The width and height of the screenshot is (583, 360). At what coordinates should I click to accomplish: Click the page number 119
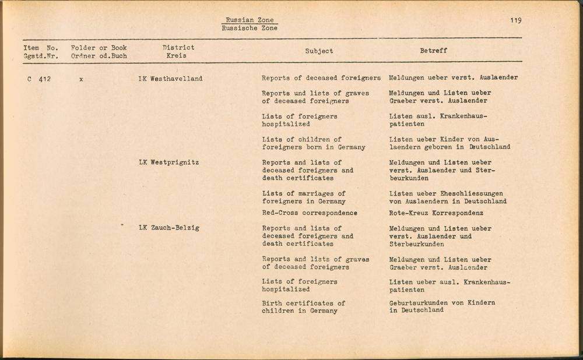tap(515, 20)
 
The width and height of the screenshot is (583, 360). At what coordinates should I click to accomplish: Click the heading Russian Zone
tap(250, 20)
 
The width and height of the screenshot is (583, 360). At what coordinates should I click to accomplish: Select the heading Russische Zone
tap(250, 29)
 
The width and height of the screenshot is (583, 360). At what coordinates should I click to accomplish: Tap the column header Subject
tap(319, 51)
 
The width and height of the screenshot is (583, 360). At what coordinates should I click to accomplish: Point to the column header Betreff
tap(434, 51)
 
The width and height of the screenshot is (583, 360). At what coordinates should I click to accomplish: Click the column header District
tap(178, 48)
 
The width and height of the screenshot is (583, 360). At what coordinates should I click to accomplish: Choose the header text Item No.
tap(41, 48)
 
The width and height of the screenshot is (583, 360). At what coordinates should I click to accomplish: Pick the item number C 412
tap(39, 79)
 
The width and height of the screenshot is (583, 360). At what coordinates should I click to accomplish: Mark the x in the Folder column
tap(81, 79)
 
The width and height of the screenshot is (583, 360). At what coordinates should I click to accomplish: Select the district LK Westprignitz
tap(169, 163)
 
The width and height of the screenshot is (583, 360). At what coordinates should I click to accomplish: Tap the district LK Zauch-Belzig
tap(169, 228)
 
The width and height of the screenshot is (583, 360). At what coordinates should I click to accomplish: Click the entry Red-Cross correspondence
tap(310, 214)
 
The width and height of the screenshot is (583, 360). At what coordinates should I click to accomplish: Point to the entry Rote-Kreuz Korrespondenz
tap(436, 214)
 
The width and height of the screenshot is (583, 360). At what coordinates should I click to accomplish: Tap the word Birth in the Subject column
tap(272, 303)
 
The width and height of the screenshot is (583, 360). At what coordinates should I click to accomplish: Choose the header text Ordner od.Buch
tap(99, 57)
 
